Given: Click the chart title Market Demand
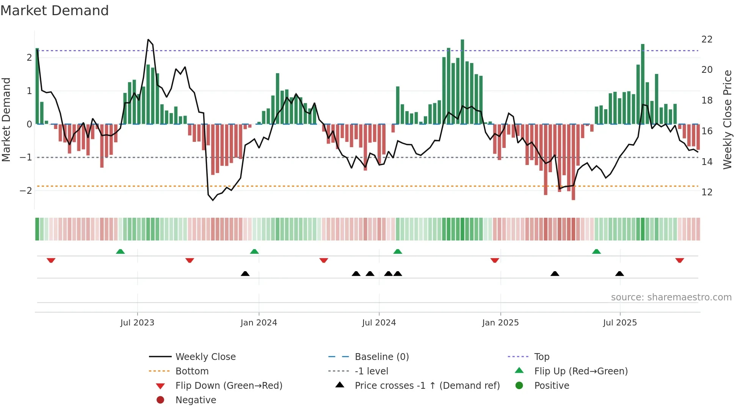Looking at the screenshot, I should pyautogui.click(x=55, y=11).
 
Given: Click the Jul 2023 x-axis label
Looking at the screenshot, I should pyautogui.click(x=137, y=323).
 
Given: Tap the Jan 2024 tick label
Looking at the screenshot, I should pyautogui.click(x=259, y=323).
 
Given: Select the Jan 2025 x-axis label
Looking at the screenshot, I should pyautogui.click(x=500, y=323).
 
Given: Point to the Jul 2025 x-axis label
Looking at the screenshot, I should pyautogui.click(x=620, y=323).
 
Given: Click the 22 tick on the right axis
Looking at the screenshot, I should pyautogui.click(x=707, y=39).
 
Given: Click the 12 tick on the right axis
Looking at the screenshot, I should pyautogui.click(x=707, y=192).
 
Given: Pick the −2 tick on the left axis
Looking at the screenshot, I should pyautogui.click(x=26, y=190).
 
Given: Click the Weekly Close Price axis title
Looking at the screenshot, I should pyautogui.click(x=727, y=119).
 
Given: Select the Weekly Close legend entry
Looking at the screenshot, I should pyautogui.click(x=205, y=357).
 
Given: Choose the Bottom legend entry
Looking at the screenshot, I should pyautogui.click(x=192, y=371).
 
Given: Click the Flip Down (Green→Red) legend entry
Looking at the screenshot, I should pyautogui.click(x=229, y=386).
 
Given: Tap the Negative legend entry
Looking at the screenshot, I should pyautogui.click(x=196, y=400).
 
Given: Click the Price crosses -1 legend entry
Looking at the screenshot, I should pyautogui.click(x=427, y=386).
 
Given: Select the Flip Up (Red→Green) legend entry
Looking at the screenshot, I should pyautogui.click(x=581, y=371).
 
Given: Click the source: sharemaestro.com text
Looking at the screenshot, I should pyautogui.click(x=671, y=297).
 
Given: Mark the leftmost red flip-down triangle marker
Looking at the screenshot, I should pyautogui.click(x=51, y=260).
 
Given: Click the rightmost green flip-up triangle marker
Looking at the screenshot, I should pyautogui.click(x=596, y=251).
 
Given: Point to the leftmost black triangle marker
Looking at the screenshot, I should pyautogui.click(x=245, y=273).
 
